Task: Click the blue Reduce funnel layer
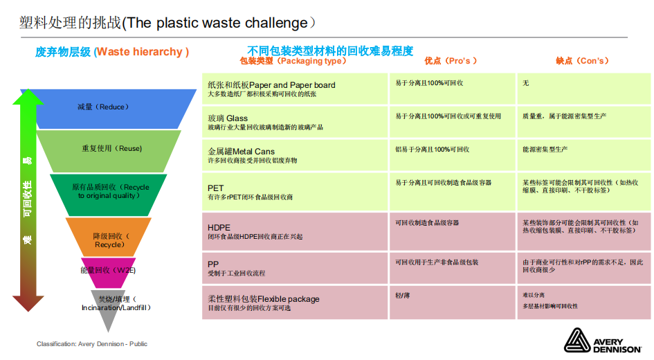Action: pos(104,107)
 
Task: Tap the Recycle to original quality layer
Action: pos(109,191)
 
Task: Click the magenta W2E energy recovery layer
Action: pos(108,270)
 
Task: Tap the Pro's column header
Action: pos(451,61)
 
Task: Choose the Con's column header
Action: pos(582,61)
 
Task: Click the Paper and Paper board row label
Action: pos(271,85)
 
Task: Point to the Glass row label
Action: pos(228,118)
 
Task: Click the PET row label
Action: pos(216,188)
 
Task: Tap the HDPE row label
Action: pos(219,227)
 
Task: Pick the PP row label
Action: pos(213,264)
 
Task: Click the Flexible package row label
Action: pos(264,299)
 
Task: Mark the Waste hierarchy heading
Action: pos(112,52)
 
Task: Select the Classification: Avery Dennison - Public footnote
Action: pos(92,344)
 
